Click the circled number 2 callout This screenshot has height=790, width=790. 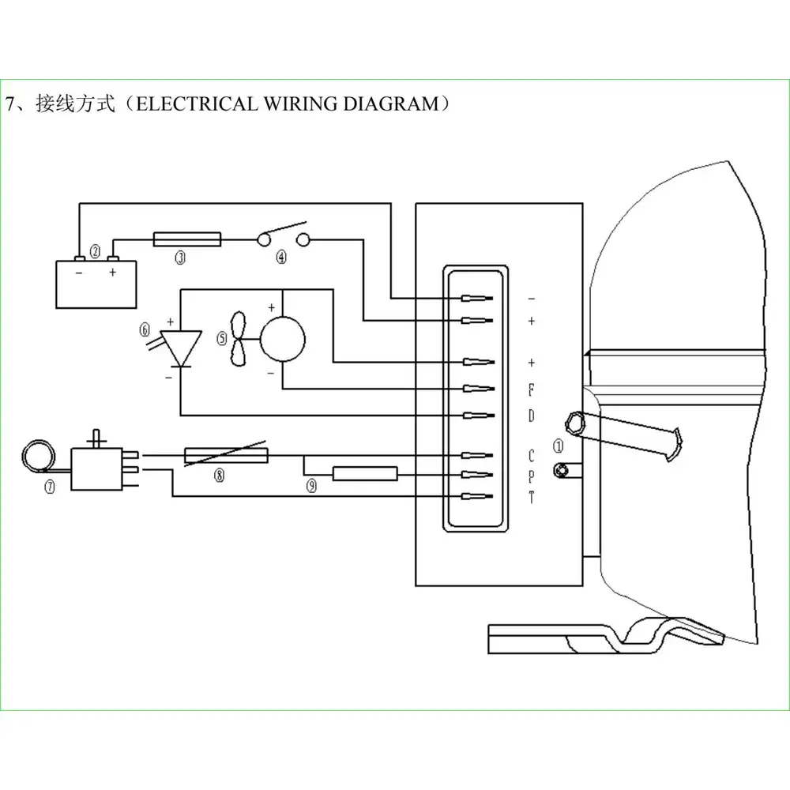click(x=95, y=251)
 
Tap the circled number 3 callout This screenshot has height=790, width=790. click(x=180, y=258)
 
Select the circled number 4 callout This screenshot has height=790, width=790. click(x=281, y=257)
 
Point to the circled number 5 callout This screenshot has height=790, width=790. click(x=222, y=338)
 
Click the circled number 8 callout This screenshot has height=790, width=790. click(x=219, y=475)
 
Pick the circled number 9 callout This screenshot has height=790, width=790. click(x=312, y=486)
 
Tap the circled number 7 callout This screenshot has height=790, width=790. click(x=50, y=487)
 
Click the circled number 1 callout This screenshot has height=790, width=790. click(x=559, y=446)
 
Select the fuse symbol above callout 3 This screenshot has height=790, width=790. click(x=187, y=239)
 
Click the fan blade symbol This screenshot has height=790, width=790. click(x=239, y=339)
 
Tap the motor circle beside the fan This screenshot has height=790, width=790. click(x=283, y=339)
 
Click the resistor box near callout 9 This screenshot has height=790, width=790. click(x=365, y=473)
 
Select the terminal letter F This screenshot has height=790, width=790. click(x=531, y=389)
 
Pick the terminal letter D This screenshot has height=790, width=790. click(x=531, y=416)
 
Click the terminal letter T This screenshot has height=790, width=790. click(x=531, y=497)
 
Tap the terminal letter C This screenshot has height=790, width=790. click(x=531, y=456)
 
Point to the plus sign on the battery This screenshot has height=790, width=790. click(x=112, y=272)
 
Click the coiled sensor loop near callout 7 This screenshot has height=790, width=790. click(x=39, y=457)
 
